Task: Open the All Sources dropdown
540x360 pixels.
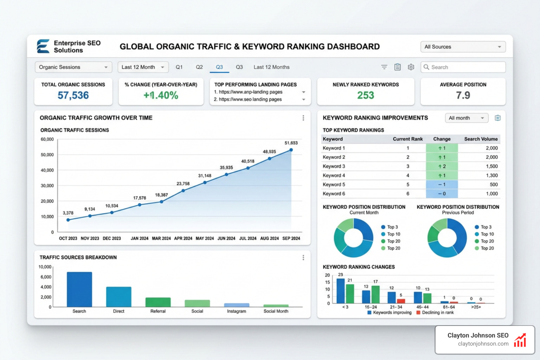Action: pyautogui.click(x=463, y=47)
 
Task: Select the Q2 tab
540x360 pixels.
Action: pyautogui.click(x=199, y=67)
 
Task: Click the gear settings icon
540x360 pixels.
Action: pyautogui.click(x=411, y=67)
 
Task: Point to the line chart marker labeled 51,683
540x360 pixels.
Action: pyautogui.click(x=291, y=150)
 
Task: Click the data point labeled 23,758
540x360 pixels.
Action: pyautogui.click(x=183, y=191)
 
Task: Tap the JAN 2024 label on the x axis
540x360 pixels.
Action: pyautogui.click(x=140, y=238)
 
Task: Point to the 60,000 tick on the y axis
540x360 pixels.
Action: pyautogui.click(x=47, y=140)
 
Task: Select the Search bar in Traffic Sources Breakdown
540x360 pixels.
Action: pyautogui.click(x=79, y=289)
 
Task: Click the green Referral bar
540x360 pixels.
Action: pyautogui.click(x=158, y=302)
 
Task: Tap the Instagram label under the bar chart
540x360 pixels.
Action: pyautogui.click(x=237, y=311)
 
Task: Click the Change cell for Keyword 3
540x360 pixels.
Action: pyautogui.click(x=442, y=166)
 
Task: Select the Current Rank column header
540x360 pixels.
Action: pyautogui.click(x=407, y=139)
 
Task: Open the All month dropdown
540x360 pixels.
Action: pyautogui.click(x=466, y=118)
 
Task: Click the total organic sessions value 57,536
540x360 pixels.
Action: pyautogui.click(x=73, y=96)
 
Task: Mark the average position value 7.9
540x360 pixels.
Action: pyautogui.click(x=463, y=96)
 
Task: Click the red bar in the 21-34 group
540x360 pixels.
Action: pyautogui.click(x=401, y=301)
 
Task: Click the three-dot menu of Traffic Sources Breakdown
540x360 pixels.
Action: pyautogui.click(x=303, y=258)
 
